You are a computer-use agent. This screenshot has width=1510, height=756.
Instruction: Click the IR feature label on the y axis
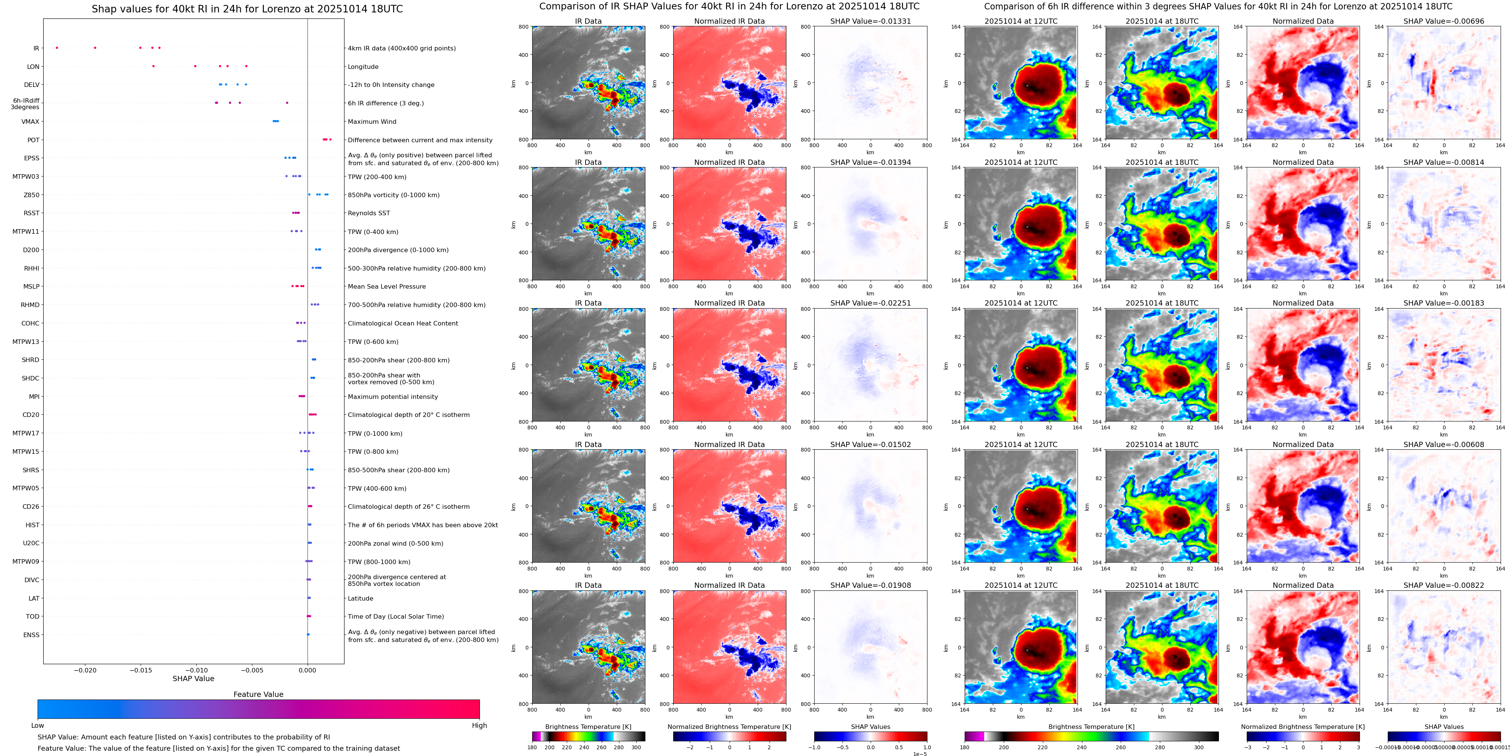click(36, 49)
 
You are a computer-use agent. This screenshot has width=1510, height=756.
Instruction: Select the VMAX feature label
click(30, 122)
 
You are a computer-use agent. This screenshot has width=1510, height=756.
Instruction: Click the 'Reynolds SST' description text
click(369, 213)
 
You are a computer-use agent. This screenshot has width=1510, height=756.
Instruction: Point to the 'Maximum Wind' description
click(372, 122)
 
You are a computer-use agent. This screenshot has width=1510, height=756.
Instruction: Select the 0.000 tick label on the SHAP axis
click(307, 670)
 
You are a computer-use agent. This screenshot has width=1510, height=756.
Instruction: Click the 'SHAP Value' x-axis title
click(193, 678)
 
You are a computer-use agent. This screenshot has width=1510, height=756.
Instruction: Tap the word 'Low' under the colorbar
click(38, 726)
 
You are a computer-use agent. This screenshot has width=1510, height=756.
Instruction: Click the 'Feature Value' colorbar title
click(258, 694)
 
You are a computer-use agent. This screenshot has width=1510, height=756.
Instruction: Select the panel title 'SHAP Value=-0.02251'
click(871, 303)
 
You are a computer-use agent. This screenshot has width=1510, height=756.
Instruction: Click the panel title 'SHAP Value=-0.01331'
click(871, 21)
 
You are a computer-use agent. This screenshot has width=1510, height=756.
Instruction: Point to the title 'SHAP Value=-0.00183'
click(1444, 303)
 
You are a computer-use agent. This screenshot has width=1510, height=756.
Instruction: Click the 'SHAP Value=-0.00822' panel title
click(1444, 585)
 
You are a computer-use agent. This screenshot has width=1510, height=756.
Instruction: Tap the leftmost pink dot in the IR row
click(57, 47)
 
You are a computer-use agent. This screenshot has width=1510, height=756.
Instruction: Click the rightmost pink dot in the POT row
click(331, 140)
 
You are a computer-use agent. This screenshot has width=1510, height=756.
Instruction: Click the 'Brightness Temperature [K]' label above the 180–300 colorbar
click(588, 727)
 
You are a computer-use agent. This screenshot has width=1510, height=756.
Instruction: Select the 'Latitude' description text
click(361, 599)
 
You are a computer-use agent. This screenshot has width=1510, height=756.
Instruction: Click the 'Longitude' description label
click(363, 67)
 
